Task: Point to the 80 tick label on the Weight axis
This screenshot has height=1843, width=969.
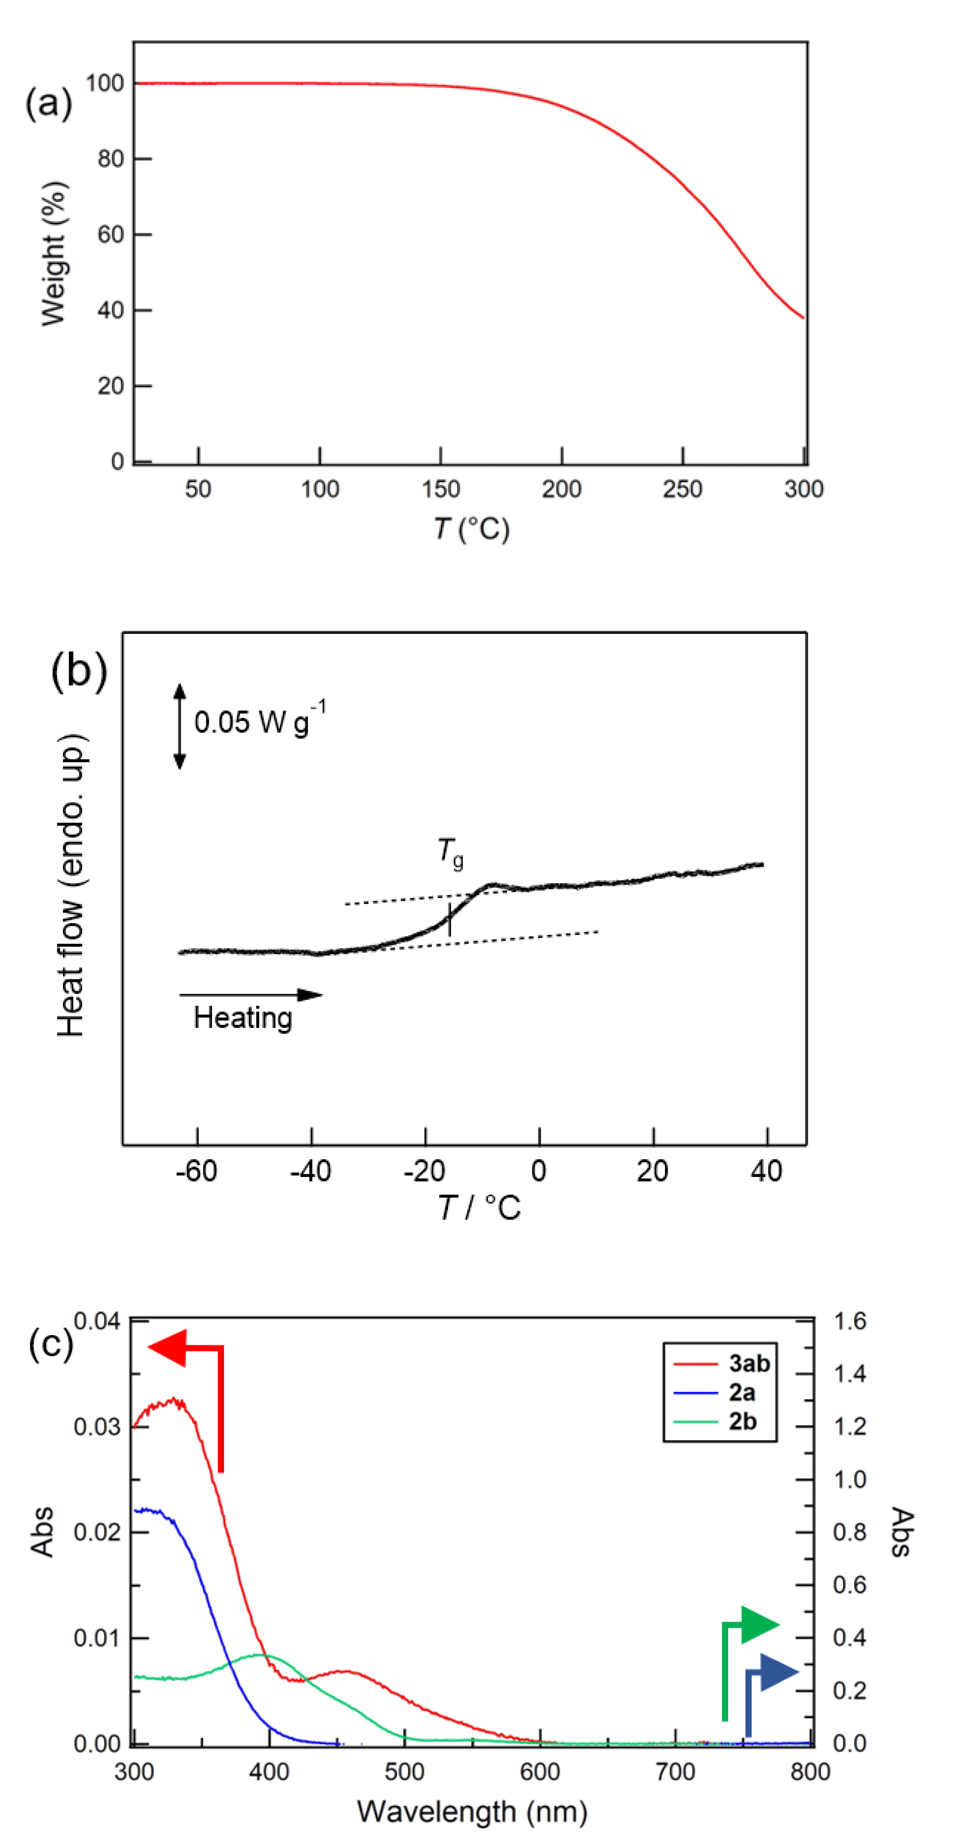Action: coord(111,159)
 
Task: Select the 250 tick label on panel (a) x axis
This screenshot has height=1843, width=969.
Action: coord(682,489)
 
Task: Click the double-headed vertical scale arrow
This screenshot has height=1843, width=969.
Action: coord(180,726)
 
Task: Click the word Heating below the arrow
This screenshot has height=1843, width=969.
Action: coord(243,1018)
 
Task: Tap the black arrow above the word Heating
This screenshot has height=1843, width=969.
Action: coord(250,994)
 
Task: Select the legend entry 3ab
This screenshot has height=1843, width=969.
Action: coord(749,1364)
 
